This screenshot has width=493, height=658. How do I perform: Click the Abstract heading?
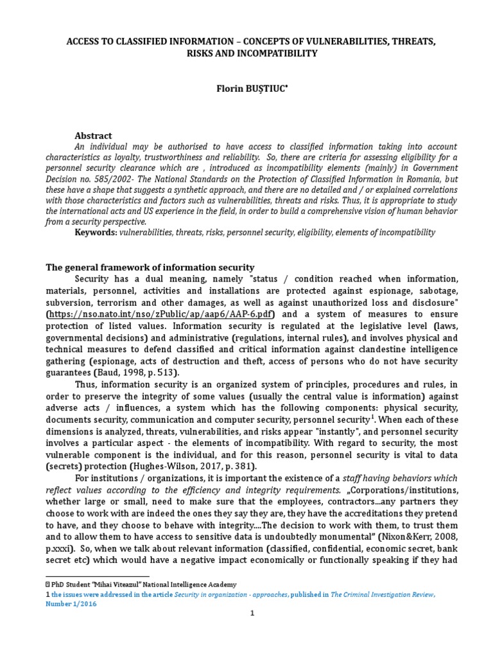[93, 136]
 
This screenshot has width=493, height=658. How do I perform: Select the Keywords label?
[96, 232]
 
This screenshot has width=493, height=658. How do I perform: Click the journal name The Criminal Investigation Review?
[382, 595]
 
